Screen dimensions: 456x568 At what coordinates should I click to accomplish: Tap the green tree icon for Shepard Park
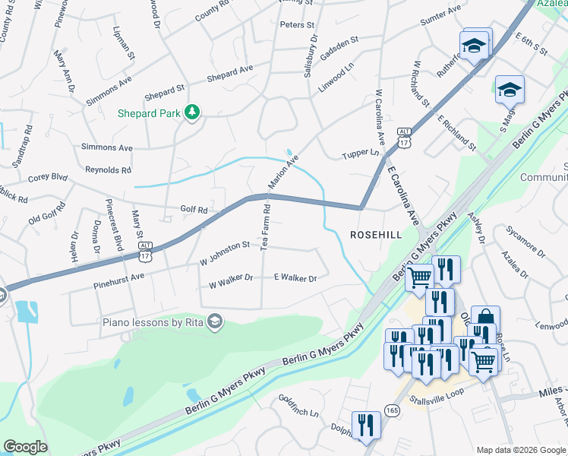[x=193, y=112]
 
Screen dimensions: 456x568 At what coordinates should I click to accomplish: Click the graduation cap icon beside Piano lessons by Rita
[x=216, y=321]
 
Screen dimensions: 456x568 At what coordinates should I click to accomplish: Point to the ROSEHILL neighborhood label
[x=375, y=236]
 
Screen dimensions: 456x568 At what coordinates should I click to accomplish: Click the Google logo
[x=26, y=447]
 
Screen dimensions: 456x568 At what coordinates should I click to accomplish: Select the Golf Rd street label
[x=194, y=208]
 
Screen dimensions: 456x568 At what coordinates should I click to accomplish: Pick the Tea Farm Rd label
[x=265, y=227]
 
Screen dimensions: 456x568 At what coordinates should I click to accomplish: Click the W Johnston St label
[x=225, y=245]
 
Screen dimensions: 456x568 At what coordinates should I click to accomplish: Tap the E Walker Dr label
[x=295, y=279]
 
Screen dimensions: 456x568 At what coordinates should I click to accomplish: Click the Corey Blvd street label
[x=48, y=177]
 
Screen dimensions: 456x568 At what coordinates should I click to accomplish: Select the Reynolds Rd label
[x=108, y=169]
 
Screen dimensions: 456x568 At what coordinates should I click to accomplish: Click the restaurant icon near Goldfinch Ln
[x=366, y=426]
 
